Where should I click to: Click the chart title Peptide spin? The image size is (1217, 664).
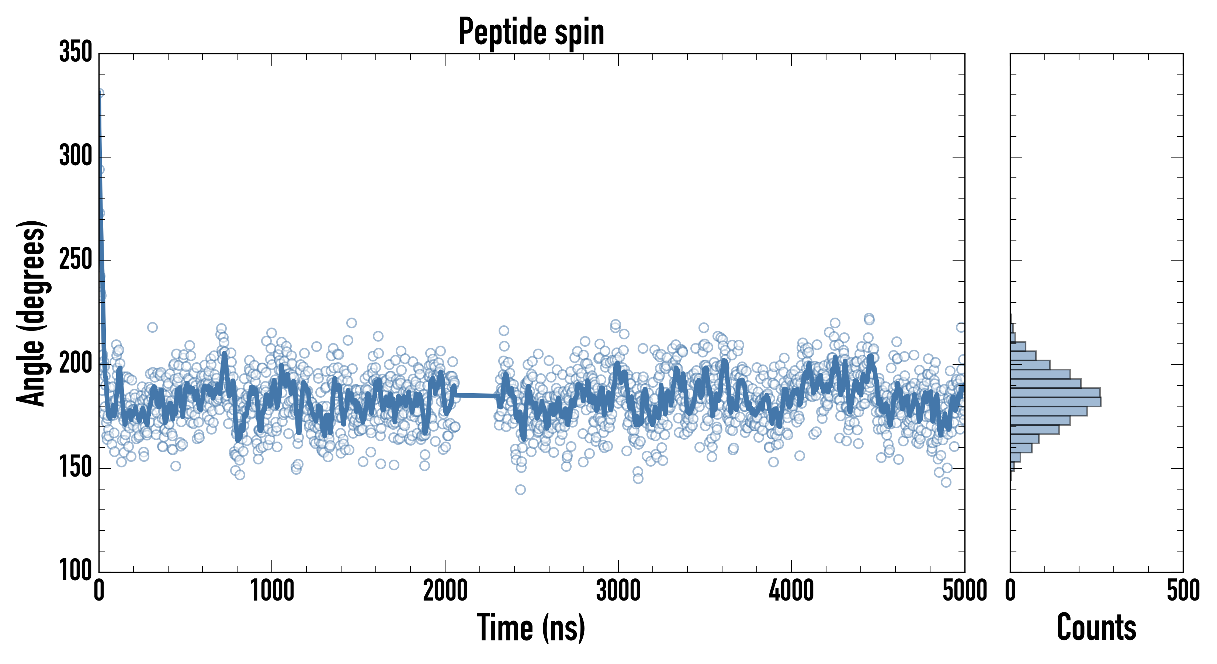click(531, 32)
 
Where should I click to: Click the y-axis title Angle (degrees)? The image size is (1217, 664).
click(31, 313)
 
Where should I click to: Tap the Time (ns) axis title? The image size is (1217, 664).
click(531, 627)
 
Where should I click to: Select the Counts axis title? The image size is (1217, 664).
click(1096, 627)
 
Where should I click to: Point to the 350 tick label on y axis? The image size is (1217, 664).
click(76, 52)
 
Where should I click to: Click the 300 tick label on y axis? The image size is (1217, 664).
click(76, 156)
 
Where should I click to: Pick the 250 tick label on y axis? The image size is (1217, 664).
click(76, 260)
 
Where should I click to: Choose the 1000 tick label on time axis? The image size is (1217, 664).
click(272, 591)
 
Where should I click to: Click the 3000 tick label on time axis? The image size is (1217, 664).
click(618, 591)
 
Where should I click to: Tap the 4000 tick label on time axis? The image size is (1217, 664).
click(791, 591)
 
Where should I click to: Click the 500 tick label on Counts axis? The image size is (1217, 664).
click(1183, 591)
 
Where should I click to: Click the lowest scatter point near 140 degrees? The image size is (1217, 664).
click(520, 490)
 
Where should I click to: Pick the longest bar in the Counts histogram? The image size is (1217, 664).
click(1055, 402)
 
